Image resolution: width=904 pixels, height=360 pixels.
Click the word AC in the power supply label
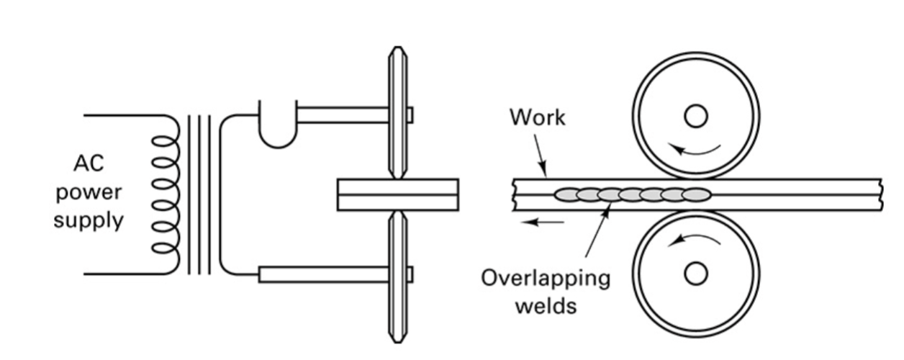pos(89,163)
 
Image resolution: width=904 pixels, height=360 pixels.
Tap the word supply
pos(89,221)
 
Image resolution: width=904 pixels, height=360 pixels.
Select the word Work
pos(538,117)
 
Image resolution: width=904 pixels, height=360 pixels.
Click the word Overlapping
pos(546,279)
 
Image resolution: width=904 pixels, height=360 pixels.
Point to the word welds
pos(546,306)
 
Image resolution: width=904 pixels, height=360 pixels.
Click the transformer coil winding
pos(166,194)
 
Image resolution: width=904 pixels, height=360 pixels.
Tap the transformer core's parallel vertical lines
pos(199,194)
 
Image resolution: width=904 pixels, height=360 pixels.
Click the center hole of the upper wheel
pos(696,116)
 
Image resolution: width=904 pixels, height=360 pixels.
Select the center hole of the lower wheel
pos(696,274)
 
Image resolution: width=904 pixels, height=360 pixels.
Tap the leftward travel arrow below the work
pos(542,222)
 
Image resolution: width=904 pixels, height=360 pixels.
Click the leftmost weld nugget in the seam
pos(567,195)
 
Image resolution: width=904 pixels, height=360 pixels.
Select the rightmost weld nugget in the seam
pos(697,195)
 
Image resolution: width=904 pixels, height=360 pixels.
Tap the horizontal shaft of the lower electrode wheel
pos(324,274)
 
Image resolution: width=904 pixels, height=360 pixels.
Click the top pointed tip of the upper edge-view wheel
pos(398,48)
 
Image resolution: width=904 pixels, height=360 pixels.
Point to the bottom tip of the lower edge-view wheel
pos(398,342)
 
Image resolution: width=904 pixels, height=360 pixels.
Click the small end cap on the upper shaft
pos(410,114)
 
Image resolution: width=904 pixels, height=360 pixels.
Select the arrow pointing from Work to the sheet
pos(541,156)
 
